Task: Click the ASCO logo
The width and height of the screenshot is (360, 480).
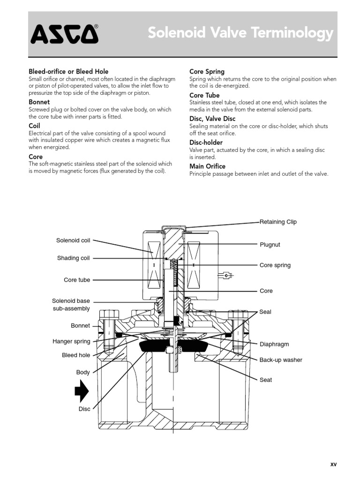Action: click(x=65, y=34)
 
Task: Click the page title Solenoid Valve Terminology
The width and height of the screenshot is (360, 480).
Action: click(x=240, y=33)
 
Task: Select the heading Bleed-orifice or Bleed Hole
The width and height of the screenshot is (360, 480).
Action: click(x=68, y=72)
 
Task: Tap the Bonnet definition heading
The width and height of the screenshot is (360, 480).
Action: click(x=39, y=102)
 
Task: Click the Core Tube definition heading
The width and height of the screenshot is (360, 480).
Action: click(x=204, y=95)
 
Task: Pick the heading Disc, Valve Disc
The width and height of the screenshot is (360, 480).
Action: click(x=212, y=119)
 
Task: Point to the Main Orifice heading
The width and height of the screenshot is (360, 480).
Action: click(x=207, y=166)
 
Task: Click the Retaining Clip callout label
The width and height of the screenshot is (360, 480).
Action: click(x=278, y=222)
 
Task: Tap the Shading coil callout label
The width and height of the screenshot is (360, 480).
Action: click(x=73, y=258)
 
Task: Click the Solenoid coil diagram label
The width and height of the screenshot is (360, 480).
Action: click(x=73, y=240)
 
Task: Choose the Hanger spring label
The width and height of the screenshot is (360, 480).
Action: click(x=71, y=342)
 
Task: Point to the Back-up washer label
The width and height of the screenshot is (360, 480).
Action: click(x=281, y=360)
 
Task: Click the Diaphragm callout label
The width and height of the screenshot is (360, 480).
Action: click(x=274, y=344)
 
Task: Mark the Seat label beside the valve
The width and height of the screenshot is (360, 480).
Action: click(x=265, y=380)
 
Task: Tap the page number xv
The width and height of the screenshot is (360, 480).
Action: click(x=333, y=464)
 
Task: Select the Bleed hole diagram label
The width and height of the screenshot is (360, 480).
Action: click(x=76, y=355)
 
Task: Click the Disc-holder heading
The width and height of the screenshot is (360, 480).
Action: click(x=206, y=142)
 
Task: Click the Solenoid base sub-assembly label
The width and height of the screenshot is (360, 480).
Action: click(x=71, y=305)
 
